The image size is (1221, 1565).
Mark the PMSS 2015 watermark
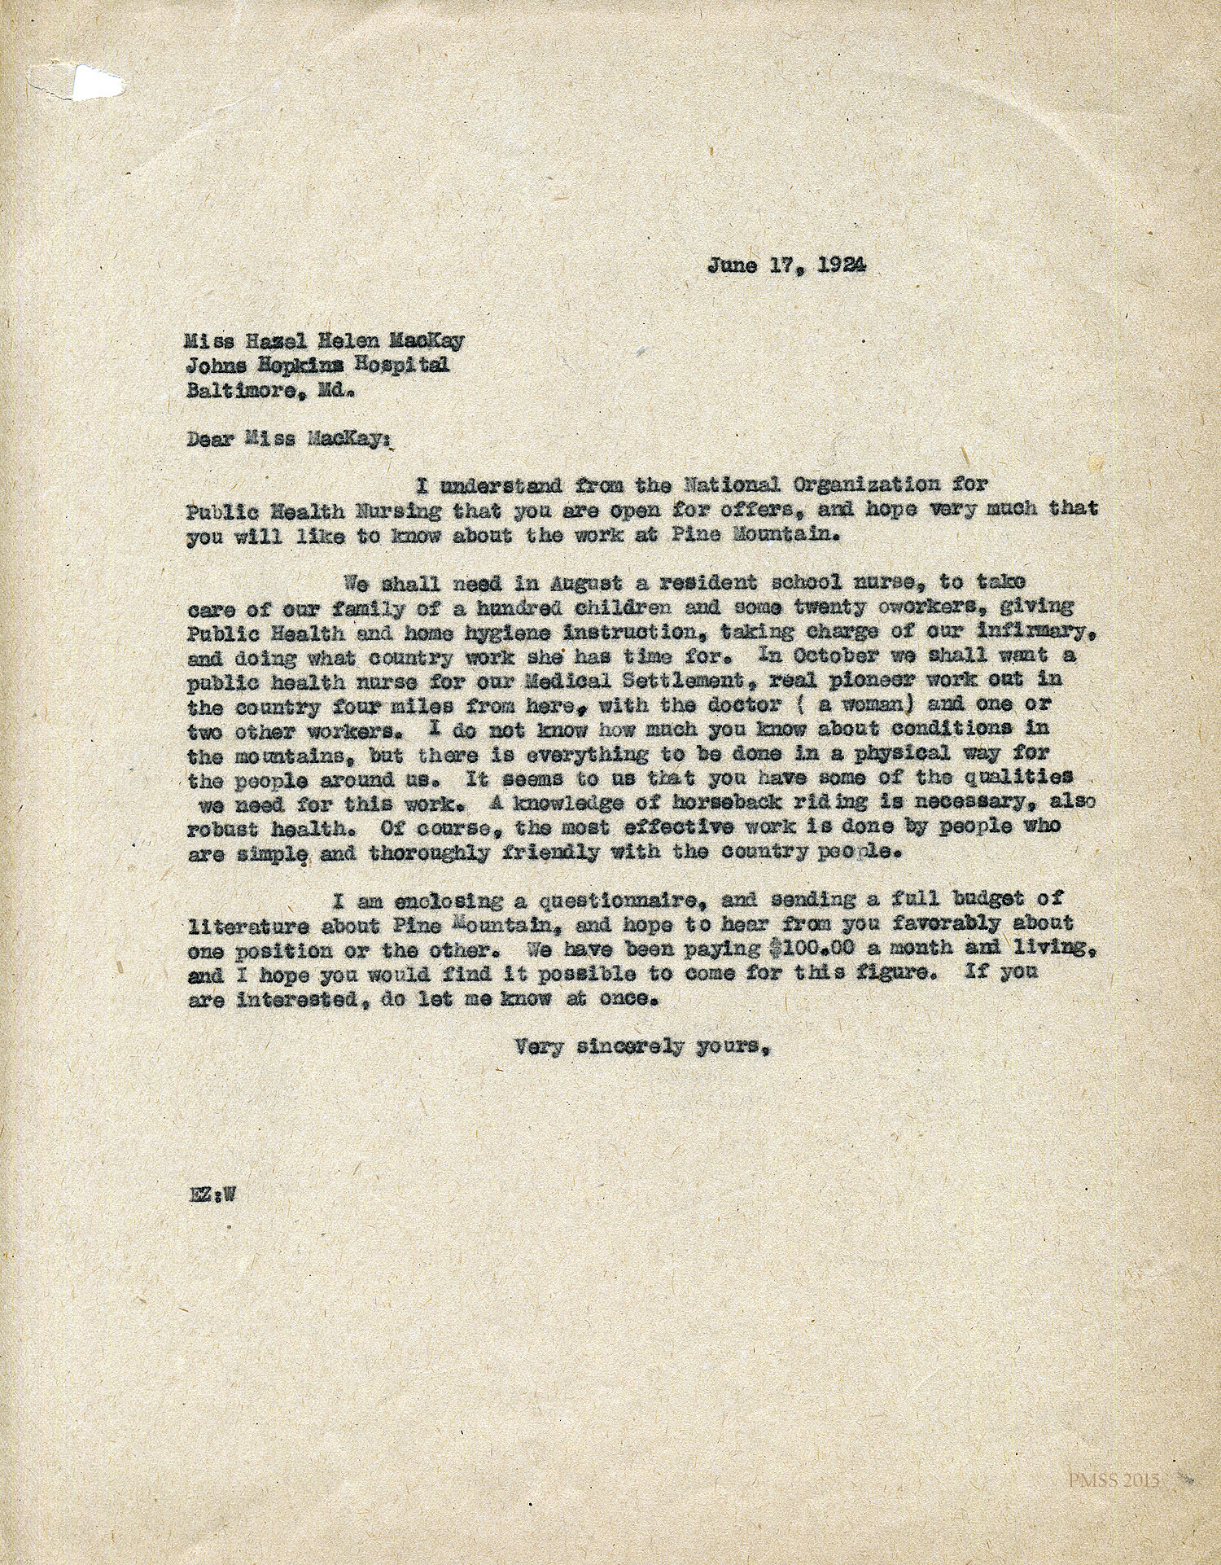pos(1114,1480)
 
